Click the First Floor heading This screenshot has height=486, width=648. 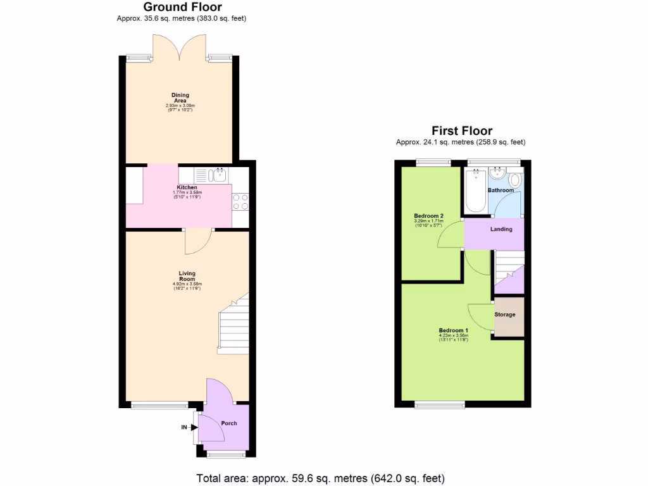[462, 131]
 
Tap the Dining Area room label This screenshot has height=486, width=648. [180, 98]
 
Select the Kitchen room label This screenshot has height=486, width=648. [187, 187]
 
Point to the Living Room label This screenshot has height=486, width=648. [187, 276]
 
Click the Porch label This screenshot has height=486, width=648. [229, 423]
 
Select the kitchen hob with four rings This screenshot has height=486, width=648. [240, 201]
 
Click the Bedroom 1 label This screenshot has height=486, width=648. [453, 330]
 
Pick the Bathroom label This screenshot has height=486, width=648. [501, 190]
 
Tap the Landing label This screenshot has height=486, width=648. [501, 229]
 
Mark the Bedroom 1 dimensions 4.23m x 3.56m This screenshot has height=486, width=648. [453, 336]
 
